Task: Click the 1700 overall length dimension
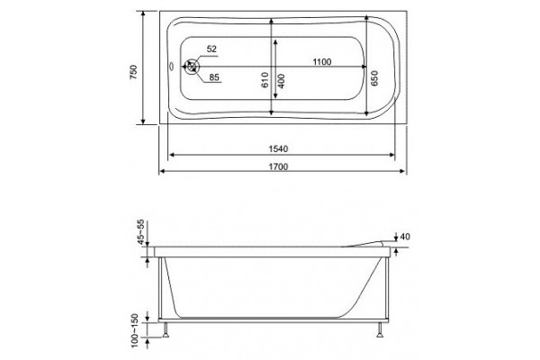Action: point(278,166)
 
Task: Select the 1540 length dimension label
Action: point(278,148)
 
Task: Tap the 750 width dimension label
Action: point(133,72)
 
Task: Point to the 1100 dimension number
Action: point(322,62)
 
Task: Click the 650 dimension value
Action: point(374,78)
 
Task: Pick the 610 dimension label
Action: point(265,80)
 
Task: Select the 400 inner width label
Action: point(281,81)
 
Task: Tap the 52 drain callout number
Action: point(211,49)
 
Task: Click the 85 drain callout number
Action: point(214,77)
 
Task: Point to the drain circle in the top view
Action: point(191,67)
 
